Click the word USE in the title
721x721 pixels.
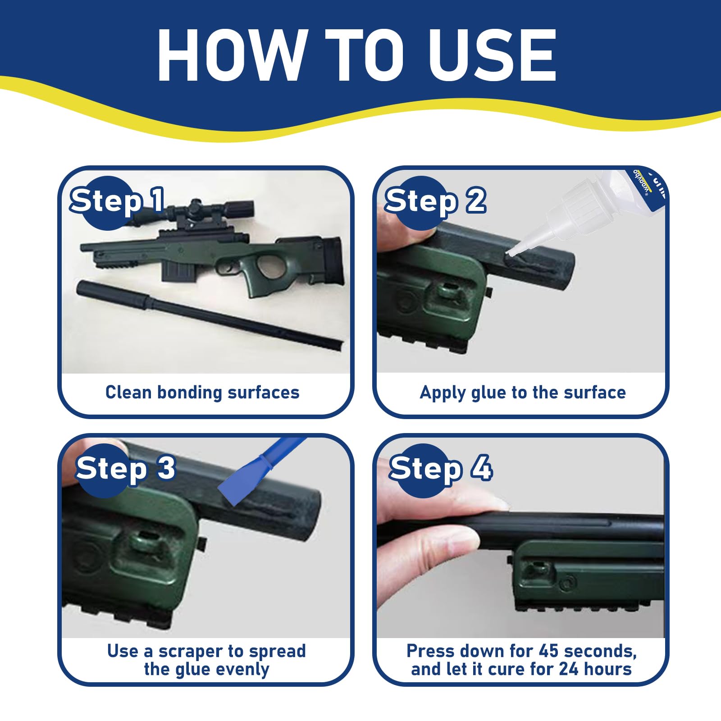493,55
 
